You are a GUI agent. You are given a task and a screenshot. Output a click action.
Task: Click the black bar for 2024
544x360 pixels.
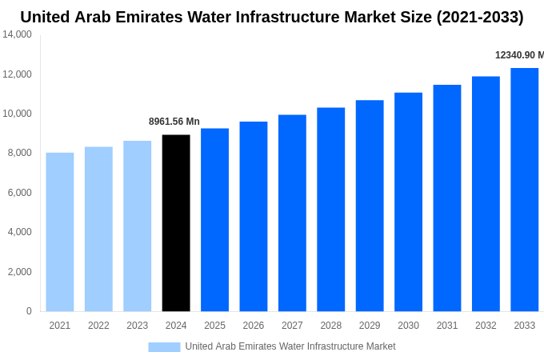(x=176, y=223)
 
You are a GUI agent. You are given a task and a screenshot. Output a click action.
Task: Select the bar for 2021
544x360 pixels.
(x=60, y=232)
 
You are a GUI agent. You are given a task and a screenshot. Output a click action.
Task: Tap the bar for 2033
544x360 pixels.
(x=525, y=190)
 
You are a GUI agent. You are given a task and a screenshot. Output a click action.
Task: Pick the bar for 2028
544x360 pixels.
(x=331, y=210)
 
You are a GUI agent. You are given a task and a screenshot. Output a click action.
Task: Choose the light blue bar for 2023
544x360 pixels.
(x=138, y=226)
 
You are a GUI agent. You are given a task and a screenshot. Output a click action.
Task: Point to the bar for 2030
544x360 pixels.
(x=408, y=202)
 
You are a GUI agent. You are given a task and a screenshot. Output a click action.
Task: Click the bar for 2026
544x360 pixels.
(x=254, y=217)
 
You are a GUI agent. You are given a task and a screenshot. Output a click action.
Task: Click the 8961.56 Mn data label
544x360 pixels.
(x=174, y=122)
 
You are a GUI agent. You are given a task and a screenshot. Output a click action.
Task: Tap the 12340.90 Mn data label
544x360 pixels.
(x=519, y=55)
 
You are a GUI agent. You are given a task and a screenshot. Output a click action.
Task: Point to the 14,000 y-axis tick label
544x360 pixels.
(x=18, y=34)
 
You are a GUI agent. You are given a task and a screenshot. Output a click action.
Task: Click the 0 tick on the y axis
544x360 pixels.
(x=29, y=311)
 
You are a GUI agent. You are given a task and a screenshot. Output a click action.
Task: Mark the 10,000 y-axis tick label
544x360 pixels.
(x=18, y=114)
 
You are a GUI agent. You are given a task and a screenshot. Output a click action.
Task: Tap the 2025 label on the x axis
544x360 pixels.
(x=214, y=326)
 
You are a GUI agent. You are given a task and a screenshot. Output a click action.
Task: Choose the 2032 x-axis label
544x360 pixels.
(x=486, y=326)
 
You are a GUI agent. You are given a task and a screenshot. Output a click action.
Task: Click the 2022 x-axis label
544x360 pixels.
(x=98, y=326)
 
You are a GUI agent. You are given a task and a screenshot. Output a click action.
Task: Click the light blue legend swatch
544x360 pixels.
(x=164, y=346)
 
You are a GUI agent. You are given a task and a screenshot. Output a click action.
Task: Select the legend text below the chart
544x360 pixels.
(x=290, y=346)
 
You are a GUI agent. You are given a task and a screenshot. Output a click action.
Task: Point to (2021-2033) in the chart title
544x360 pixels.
(x=480, y=17)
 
